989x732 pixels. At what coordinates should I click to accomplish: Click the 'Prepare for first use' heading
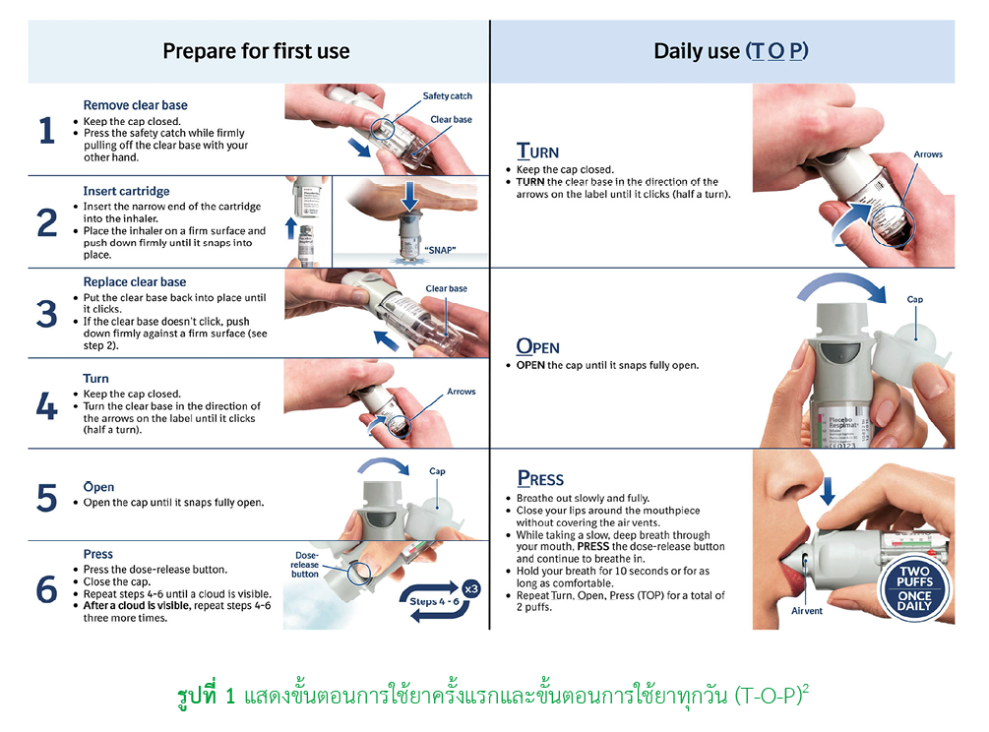[x=256, y=51]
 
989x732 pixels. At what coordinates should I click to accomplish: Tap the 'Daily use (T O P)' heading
[x=731, y=51]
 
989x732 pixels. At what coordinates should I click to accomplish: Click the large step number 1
[x=46, y=131]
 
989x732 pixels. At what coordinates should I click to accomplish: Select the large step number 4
[x=46, y=405]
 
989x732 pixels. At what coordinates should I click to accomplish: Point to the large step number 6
[x=46, y=589]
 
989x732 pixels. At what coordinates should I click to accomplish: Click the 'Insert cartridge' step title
[x=126, y=191]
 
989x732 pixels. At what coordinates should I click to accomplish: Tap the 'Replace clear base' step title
[x=135, y=281]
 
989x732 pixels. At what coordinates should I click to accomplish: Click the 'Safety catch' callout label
[x=447, y=95]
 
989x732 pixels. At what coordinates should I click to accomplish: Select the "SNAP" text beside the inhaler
[x=440, y=250]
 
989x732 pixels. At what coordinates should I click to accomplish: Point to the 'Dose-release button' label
[x=305, y=565]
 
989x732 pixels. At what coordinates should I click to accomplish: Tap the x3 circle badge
[x=471, y=589]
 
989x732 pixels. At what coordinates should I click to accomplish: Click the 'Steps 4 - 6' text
[x=434, y=601]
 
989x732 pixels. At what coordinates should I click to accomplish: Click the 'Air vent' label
[x=807, y=610]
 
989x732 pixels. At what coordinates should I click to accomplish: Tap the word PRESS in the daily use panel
[x=540, y=479]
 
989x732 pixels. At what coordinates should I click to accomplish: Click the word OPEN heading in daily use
[x=538, y=346]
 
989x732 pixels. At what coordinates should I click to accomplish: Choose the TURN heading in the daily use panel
[x=537, y=152]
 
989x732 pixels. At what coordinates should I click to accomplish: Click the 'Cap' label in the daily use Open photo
[x=914, y=299]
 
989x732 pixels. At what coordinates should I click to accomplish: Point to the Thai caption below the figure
[x=493, y=696]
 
